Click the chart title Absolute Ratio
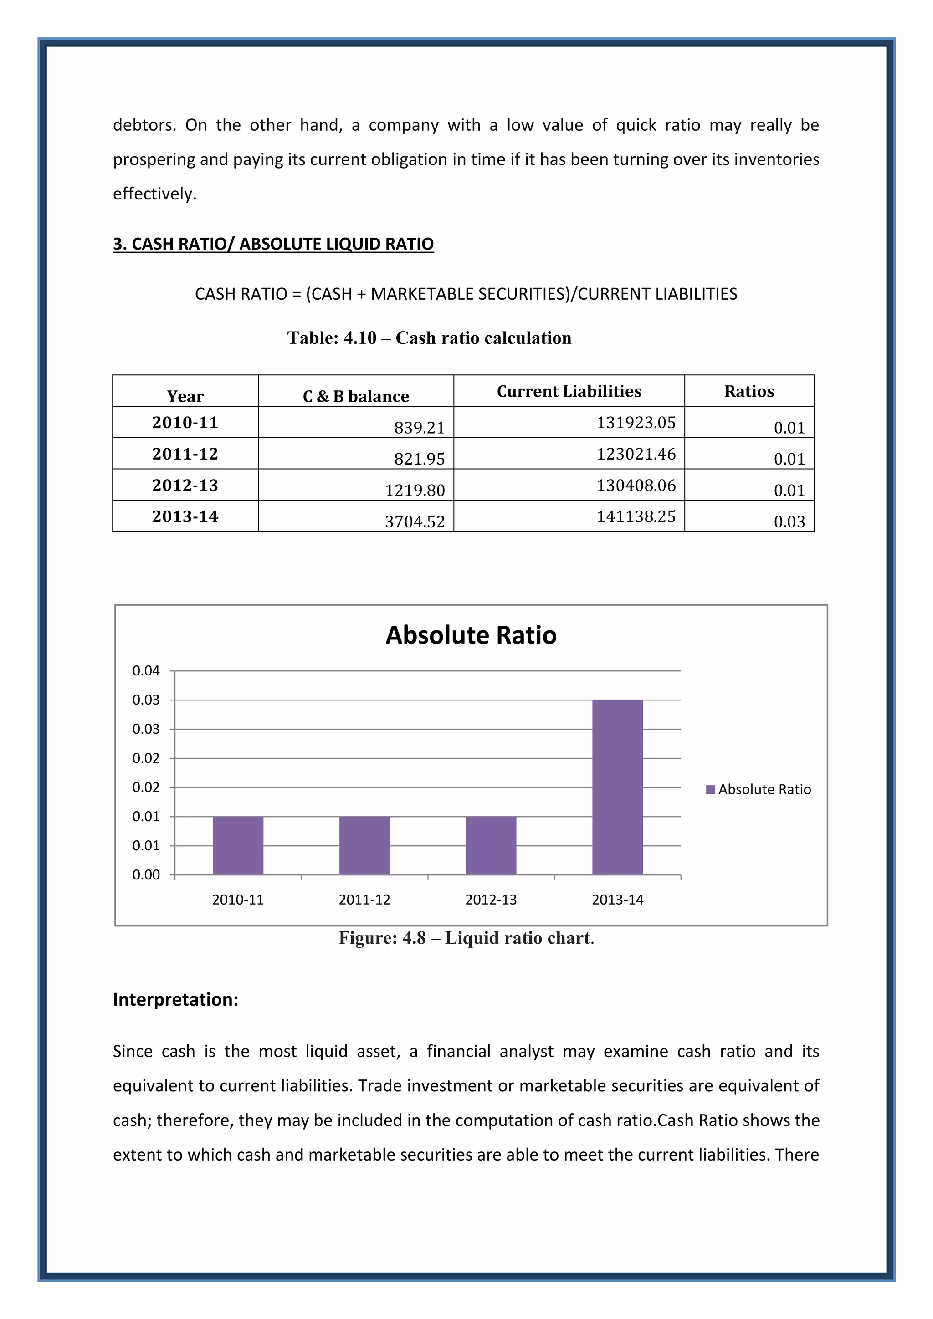click(471, 635)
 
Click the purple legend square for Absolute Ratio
click(710, 789)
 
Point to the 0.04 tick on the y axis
click(146, 670)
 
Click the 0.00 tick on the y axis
click(146, 874)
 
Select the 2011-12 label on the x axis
click(364, 900)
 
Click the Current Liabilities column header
click(569, 391)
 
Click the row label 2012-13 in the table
click(185, 486)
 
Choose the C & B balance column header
click(356, 396)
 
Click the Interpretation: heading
click(175, 1000)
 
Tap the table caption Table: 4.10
click(429, 338)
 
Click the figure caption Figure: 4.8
click(466, 938)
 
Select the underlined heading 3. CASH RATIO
click(273, 244)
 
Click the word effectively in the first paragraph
click(154, 194)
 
